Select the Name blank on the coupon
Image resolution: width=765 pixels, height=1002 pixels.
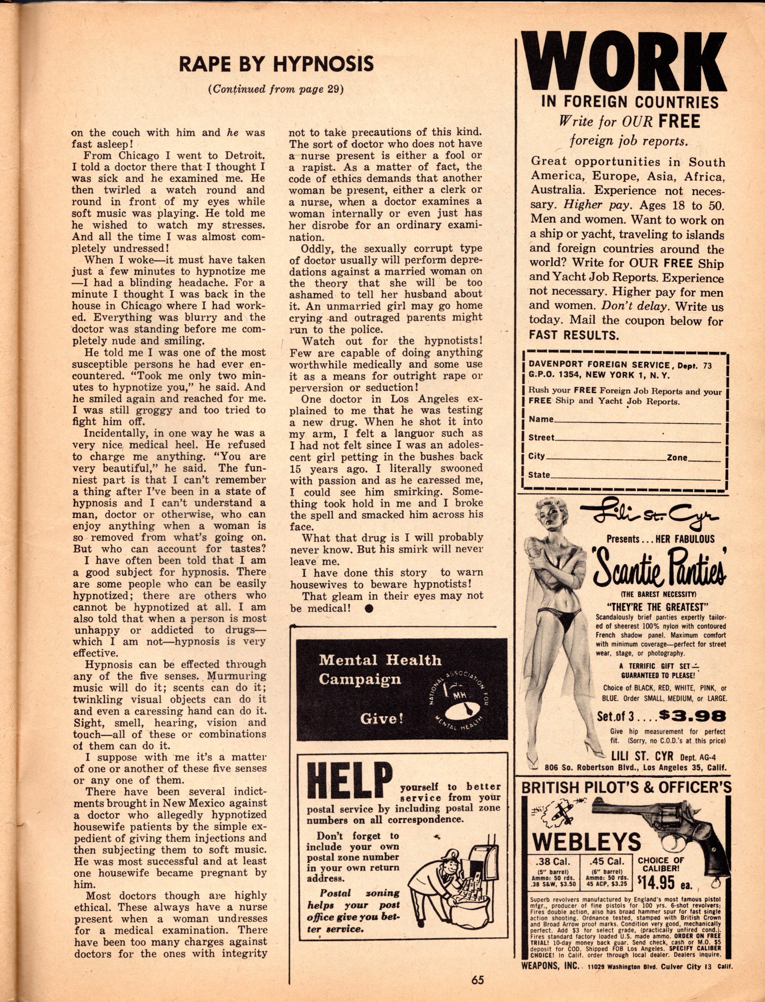[x=637, y=420]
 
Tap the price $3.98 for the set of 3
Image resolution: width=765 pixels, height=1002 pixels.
[x=692, y=716]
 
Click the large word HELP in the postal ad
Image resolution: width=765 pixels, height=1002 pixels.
[x=350, y=782]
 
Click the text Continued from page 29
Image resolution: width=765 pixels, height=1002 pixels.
[x=275, y=89]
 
